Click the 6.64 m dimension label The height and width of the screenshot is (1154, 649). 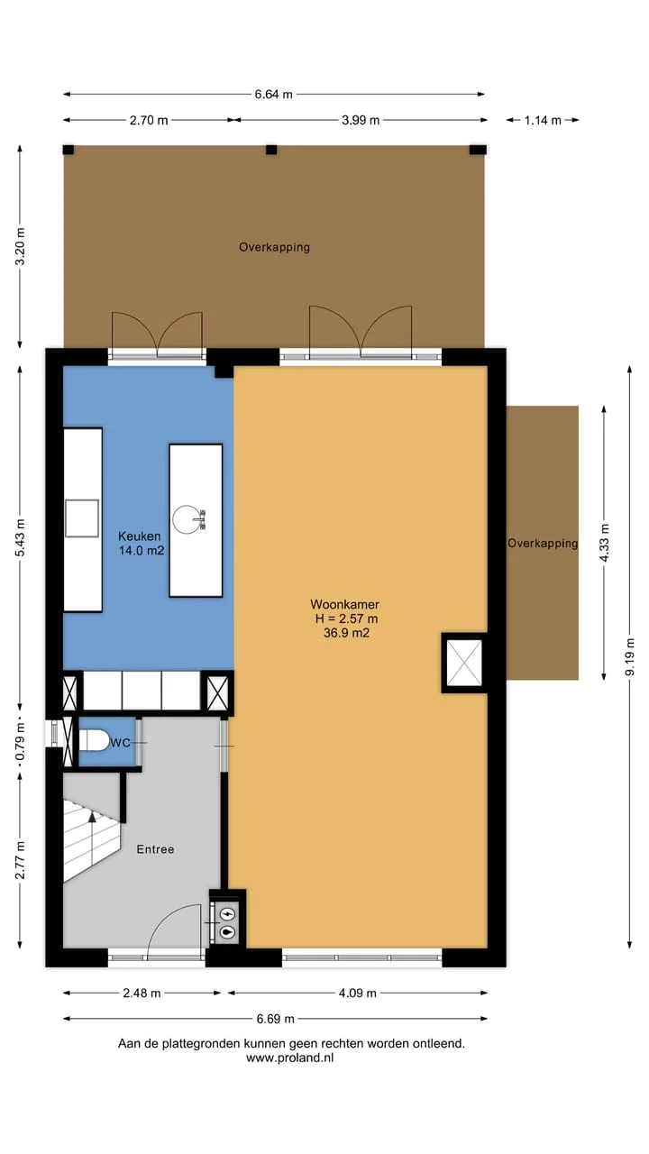273,95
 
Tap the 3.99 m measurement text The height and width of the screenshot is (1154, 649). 361,120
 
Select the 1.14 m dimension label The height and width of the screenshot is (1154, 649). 543,121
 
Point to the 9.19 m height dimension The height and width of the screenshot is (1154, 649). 630,656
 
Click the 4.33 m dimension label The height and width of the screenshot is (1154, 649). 605,543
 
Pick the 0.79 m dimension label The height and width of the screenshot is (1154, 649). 20,742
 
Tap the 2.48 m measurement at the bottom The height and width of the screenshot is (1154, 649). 142,993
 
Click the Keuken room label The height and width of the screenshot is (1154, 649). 140,536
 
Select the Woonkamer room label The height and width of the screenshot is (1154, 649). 344,604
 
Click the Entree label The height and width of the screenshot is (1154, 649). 155,849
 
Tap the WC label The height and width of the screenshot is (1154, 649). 121,742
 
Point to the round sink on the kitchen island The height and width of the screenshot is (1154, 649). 186,519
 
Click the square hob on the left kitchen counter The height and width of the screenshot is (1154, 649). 82,518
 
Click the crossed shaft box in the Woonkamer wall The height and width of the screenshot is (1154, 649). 464,663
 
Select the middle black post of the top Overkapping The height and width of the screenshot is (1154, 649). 271,150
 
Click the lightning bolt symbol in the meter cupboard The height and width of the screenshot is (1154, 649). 226,914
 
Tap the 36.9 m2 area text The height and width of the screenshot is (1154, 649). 346,633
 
